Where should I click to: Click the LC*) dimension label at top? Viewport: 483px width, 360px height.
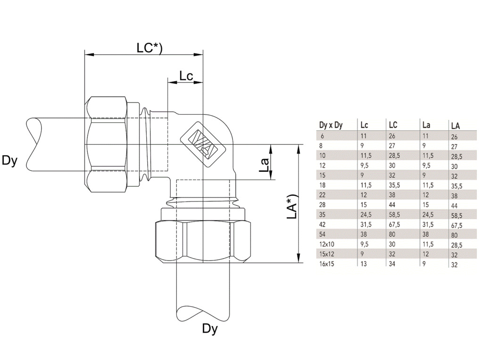click(x=150, y=48)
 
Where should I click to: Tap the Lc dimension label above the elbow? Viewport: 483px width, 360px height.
click(x=186, y=76)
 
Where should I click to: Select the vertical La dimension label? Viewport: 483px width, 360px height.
click(x=264, y=165)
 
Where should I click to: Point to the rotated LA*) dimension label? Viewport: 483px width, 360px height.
click(x=292, y=206)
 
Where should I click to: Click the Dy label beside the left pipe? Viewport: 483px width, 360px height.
click(x=9, y=160)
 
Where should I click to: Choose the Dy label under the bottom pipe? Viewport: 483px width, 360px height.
click(x=210, y=329)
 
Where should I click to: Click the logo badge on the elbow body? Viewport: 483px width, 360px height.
click(x=202, y=143)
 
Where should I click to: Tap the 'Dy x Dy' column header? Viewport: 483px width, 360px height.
click(x=331, y=125)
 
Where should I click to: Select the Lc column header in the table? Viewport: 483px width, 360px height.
click(x=364, y=125)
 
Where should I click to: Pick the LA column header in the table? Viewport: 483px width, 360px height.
click(x=455, y=126)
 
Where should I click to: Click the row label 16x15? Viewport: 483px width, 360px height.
click(x=326, y=264)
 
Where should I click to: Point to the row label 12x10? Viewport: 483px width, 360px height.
click(x=326, y=244)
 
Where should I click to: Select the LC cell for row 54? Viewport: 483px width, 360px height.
click(x=392, y=234)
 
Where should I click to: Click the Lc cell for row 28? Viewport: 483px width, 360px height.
click(x=364, y=205)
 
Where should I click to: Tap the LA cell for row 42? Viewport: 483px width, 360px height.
click(x=457, y=226)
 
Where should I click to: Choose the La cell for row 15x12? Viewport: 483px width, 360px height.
click(x=425, y=254)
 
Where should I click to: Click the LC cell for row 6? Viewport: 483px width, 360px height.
click(x=392, y=136)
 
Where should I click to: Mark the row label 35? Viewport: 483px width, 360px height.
click(x=323, y=215)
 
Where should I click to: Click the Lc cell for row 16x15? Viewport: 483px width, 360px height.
click(x=364, y=264)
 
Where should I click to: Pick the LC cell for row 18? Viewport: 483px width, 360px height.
click(x=394, y=185)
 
